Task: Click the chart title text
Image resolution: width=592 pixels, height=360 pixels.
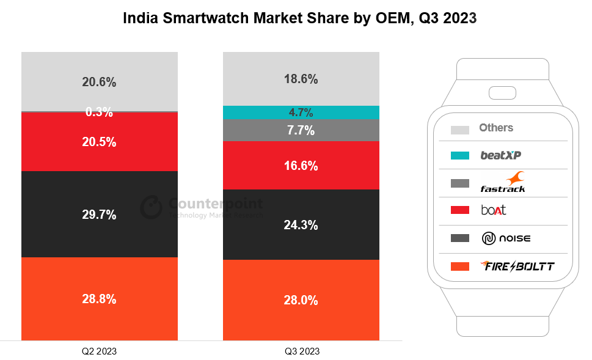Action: click(x=299, y=18)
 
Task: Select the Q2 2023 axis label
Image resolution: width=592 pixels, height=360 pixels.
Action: click(x=99, y=351)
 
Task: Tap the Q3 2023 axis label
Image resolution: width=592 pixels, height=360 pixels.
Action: click(x=302, y=351)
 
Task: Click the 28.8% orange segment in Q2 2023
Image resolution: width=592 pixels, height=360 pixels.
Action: click(x=100, y=298)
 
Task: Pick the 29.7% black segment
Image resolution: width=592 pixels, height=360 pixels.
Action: click(x=100, y=214)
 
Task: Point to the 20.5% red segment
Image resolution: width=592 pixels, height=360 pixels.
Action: click(x=100, y=142)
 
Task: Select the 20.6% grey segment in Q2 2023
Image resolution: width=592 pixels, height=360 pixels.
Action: click(x=100, y=81)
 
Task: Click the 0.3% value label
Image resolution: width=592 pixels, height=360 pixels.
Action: click(x=99, y=112)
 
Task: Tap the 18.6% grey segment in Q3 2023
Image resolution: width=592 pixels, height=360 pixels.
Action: click(x=301, y=79)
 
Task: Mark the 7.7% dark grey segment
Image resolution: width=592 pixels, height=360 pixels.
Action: click(x=301, y=130)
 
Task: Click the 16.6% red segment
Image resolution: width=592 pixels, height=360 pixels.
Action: click(x=301, y=165)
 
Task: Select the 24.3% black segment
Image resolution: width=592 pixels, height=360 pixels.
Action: click(x=301, y=224)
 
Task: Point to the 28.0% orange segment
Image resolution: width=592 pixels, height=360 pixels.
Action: click(x=301, y=299)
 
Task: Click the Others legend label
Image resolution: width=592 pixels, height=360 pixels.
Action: click(x=496, y=128)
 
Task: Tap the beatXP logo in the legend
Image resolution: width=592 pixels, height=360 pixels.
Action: click(x=500, y=155)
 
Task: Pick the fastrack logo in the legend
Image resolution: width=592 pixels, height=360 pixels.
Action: click(x=503, y=183)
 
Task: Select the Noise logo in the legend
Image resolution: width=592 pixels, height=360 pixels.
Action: click(x=506, y=238)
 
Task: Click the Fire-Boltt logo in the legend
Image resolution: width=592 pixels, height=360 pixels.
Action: click(x=517, y=266)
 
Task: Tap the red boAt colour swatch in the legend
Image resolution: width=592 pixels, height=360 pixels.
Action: click(x=460, y=210)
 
